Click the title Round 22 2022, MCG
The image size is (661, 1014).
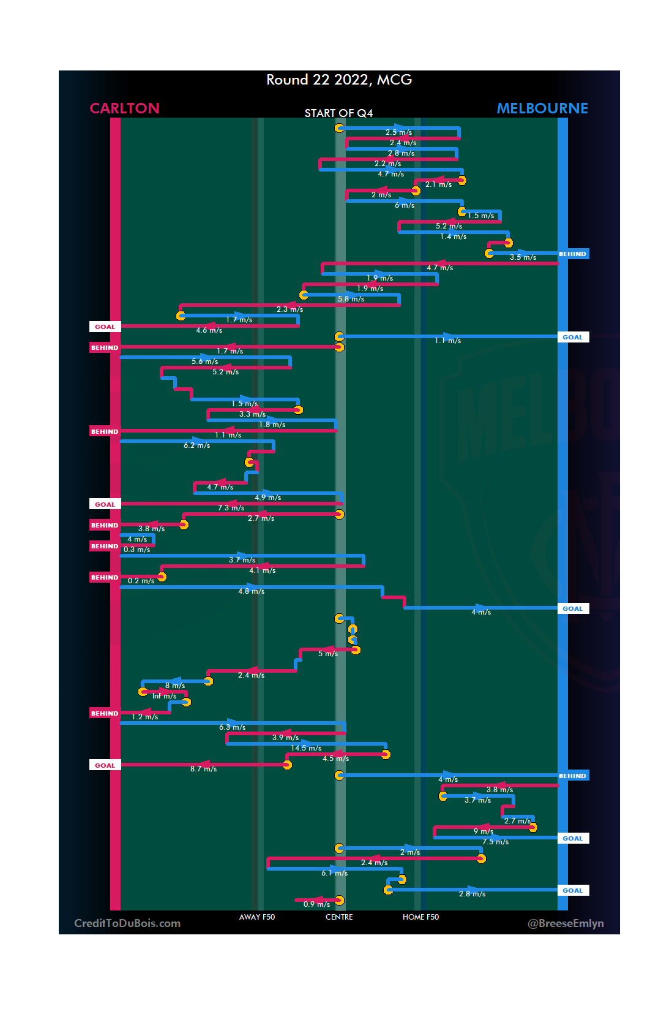[x=339, y=80]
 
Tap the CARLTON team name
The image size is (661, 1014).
[x=124, y=108]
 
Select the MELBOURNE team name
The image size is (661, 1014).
[x=542, y=108]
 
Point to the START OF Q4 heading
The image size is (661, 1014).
[x=338, y=113]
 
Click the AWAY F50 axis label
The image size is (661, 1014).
[x=257, y=917]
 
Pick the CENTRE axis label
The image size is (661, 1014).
[x=339, y=917]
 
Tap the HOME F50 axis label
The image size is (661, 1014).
[x=420, y=917]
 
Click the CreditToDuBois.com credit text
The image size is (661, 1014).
[x=127, y=923]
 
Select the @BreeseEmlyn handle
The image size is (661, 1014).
[x=566, y=923]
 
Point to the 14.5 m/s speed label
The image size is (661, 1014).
[x=306, y=748]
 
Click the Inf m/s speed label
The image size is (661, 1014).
[x=164, y=696]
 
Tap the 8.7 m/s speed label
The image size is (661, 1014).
[x=203, y=769]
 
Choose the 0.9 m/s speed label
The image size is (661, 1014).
[x=316, y=904]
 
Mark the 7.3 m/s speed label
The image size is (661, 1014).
[x=231, y=508]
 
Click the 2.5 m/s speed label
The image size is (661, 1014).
[x=398, y=132]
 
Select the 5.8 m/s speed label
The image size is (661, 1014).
[x=351, y=299]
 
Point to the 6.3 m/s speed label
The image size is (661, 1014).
[x=233, y=727]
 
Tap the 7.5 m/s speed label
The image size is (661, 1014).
[x=495, y=842]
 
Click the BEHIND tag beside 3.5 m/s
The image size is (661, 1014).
[x=573, y=254]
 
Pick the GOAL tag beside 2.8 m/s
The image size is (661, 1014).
[x=573, y=890]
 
